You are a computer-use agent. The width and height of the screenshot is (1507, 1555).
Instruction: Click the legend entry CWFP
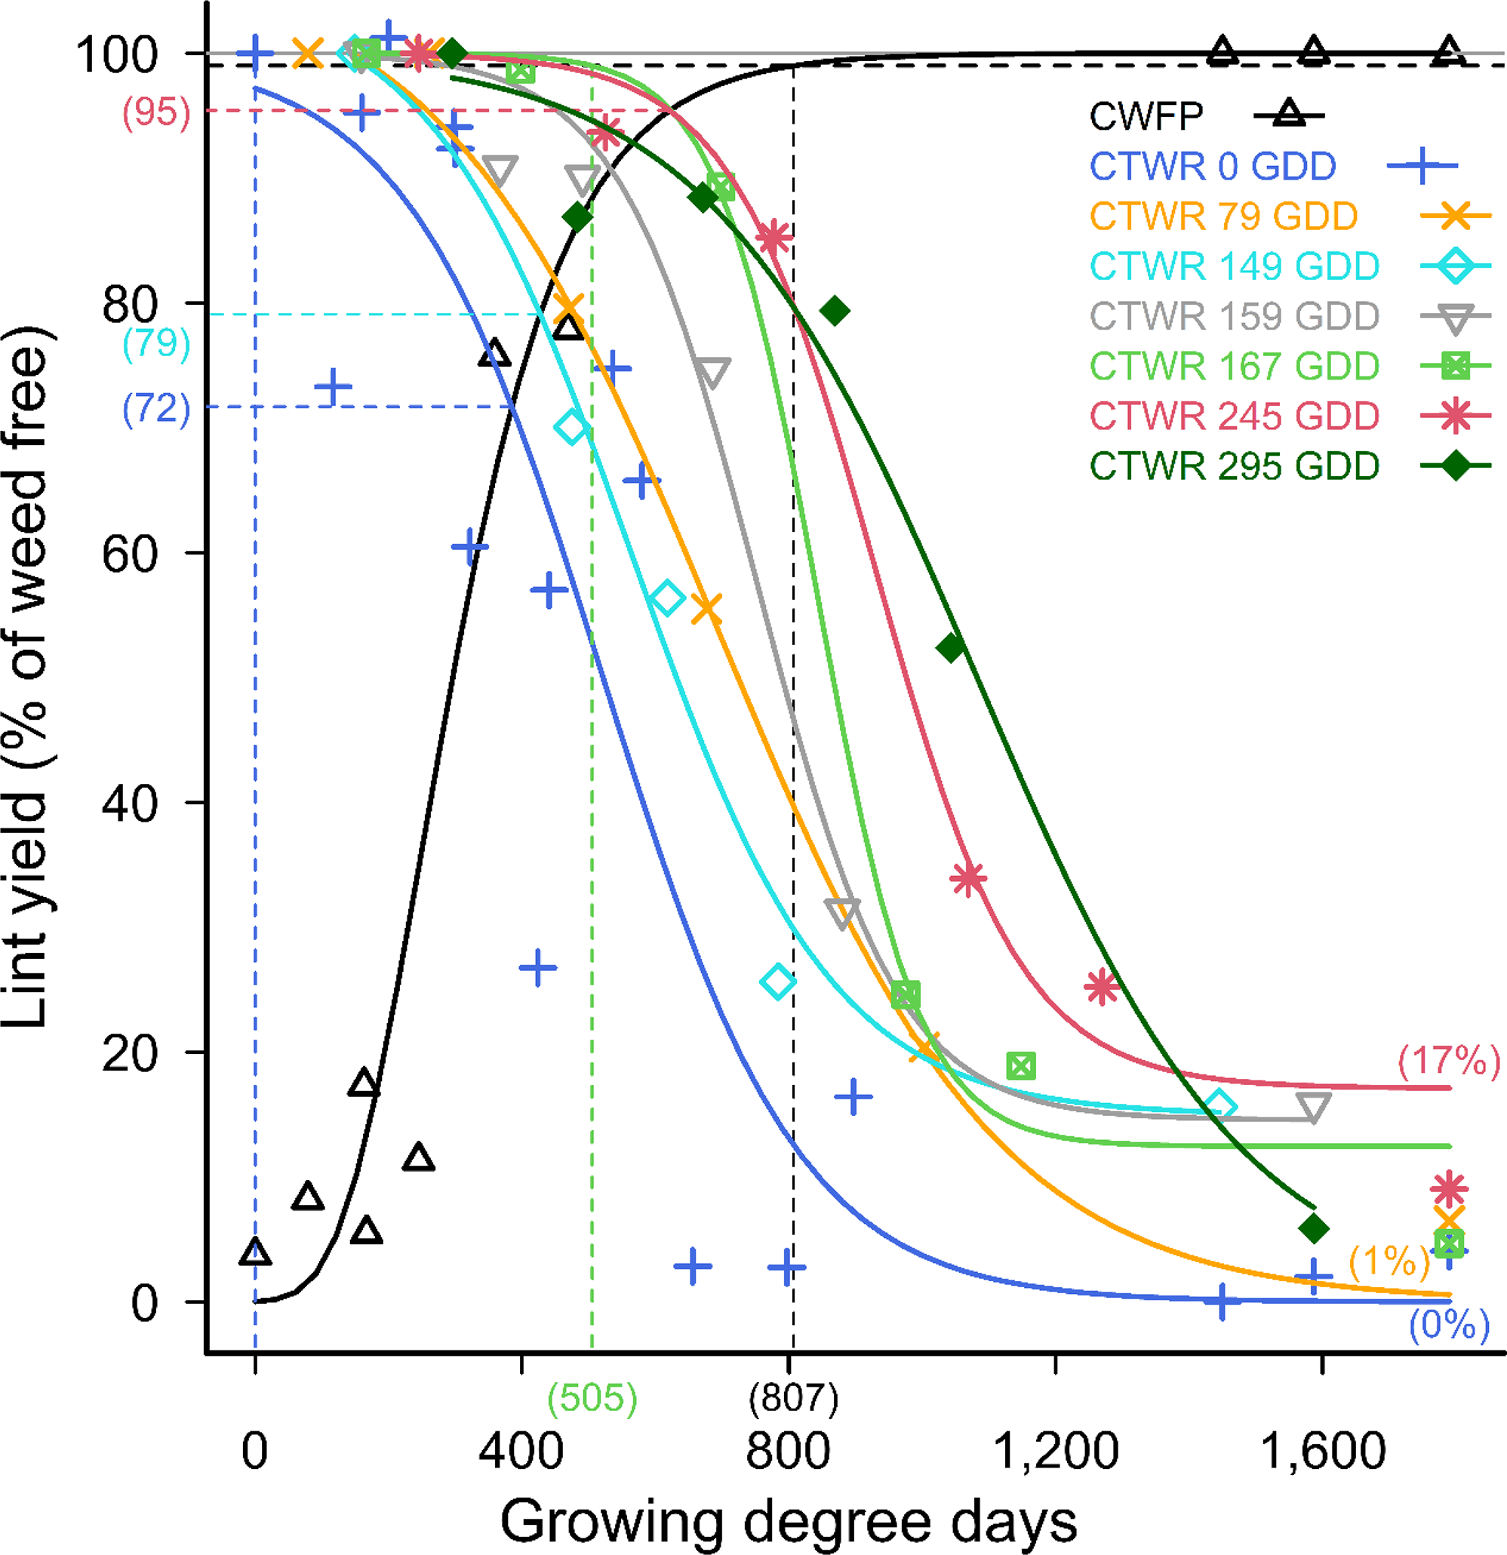[1146, 117]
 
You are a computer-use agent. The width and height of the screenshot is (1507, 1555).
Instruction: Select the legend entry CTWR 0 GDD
[1212, 167]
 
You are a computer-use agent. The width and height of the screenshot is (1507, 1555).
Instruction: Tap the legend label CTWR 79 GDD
[1223, 217]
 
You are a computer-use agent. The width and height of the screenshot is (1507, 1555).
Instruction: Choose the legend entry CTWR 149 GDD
[1234, 266]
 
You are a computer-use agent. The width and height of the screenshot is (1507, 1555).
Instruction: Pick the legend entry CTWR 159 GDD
[1234, 317]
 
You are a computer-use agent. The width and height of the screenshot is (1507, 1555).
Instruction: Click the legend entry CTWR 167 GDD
[1234, 367]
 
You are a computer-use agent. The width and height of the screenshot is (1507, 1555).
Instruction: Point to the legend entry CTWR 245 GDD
[1234, 416]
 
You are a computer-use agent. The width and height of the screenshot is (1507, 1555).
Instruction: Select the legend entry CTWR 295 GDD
[1234, 466]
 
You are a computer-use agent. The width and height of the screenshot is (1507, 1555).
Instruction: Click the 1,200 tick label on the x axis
[1056, 1451]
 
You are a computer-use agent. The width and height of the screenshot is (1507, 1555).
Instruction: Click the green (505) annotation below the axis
[592, 1398]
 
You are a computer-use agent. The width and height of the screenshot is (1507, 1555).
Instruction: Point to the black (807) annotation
[793, 1398]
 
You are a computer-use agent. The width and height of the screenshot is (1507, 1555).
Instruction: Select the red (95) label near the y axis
[156, 112]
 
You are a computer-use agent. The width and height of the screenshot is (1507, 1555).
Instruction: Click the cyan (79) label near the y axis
[156, 343]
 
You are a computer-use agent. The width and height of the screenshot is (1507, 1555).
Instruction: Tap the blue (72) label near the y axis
[156, 409]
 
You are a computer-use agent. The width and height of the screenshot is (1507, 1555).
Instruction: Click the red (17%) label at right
[1449, 1060]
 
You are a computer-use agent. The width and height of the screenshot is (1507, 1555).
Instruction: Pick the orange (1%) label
[1389, 1260]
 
